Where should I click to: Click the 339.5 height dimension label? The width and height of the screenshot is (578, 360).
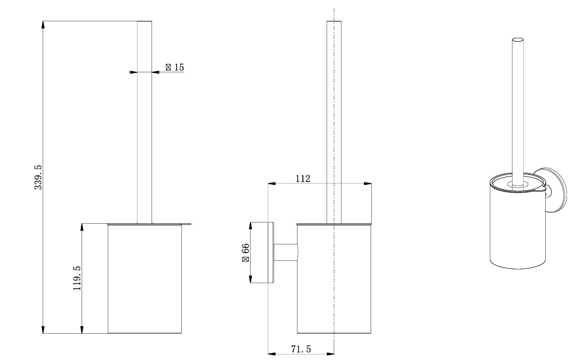(38, 177)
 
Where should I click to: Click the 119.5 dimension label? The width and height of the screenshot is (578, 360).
(77, 278)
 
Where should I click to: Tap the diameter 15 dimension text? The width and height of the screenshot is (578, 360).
(175, 67)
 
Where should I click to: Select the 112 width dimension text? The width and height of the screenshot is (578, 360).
(303, 179)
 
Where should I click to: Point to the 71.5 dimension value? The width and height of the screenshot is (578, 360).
(301, 348)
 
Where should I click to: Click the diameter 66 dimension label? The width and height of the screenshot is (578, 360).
(246, 252)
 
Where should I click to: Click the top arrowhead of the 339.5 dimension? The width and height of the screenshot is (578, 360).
(43, 25)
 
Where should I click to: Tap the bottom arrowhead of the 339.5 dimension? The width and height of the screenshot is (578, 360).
(43, 330)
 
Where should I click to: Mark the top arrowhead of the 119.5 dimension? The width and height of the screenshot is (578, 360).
(82, 227)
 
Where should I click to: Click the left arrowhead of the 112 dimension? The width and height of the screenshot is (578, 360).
(272, 184)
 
